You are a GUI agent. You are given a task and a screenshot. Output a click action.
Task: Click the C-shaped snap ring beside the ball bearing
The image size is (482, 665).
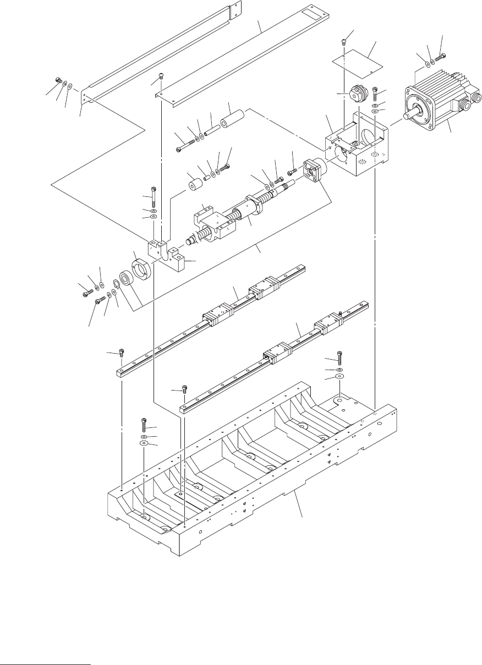117,285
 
